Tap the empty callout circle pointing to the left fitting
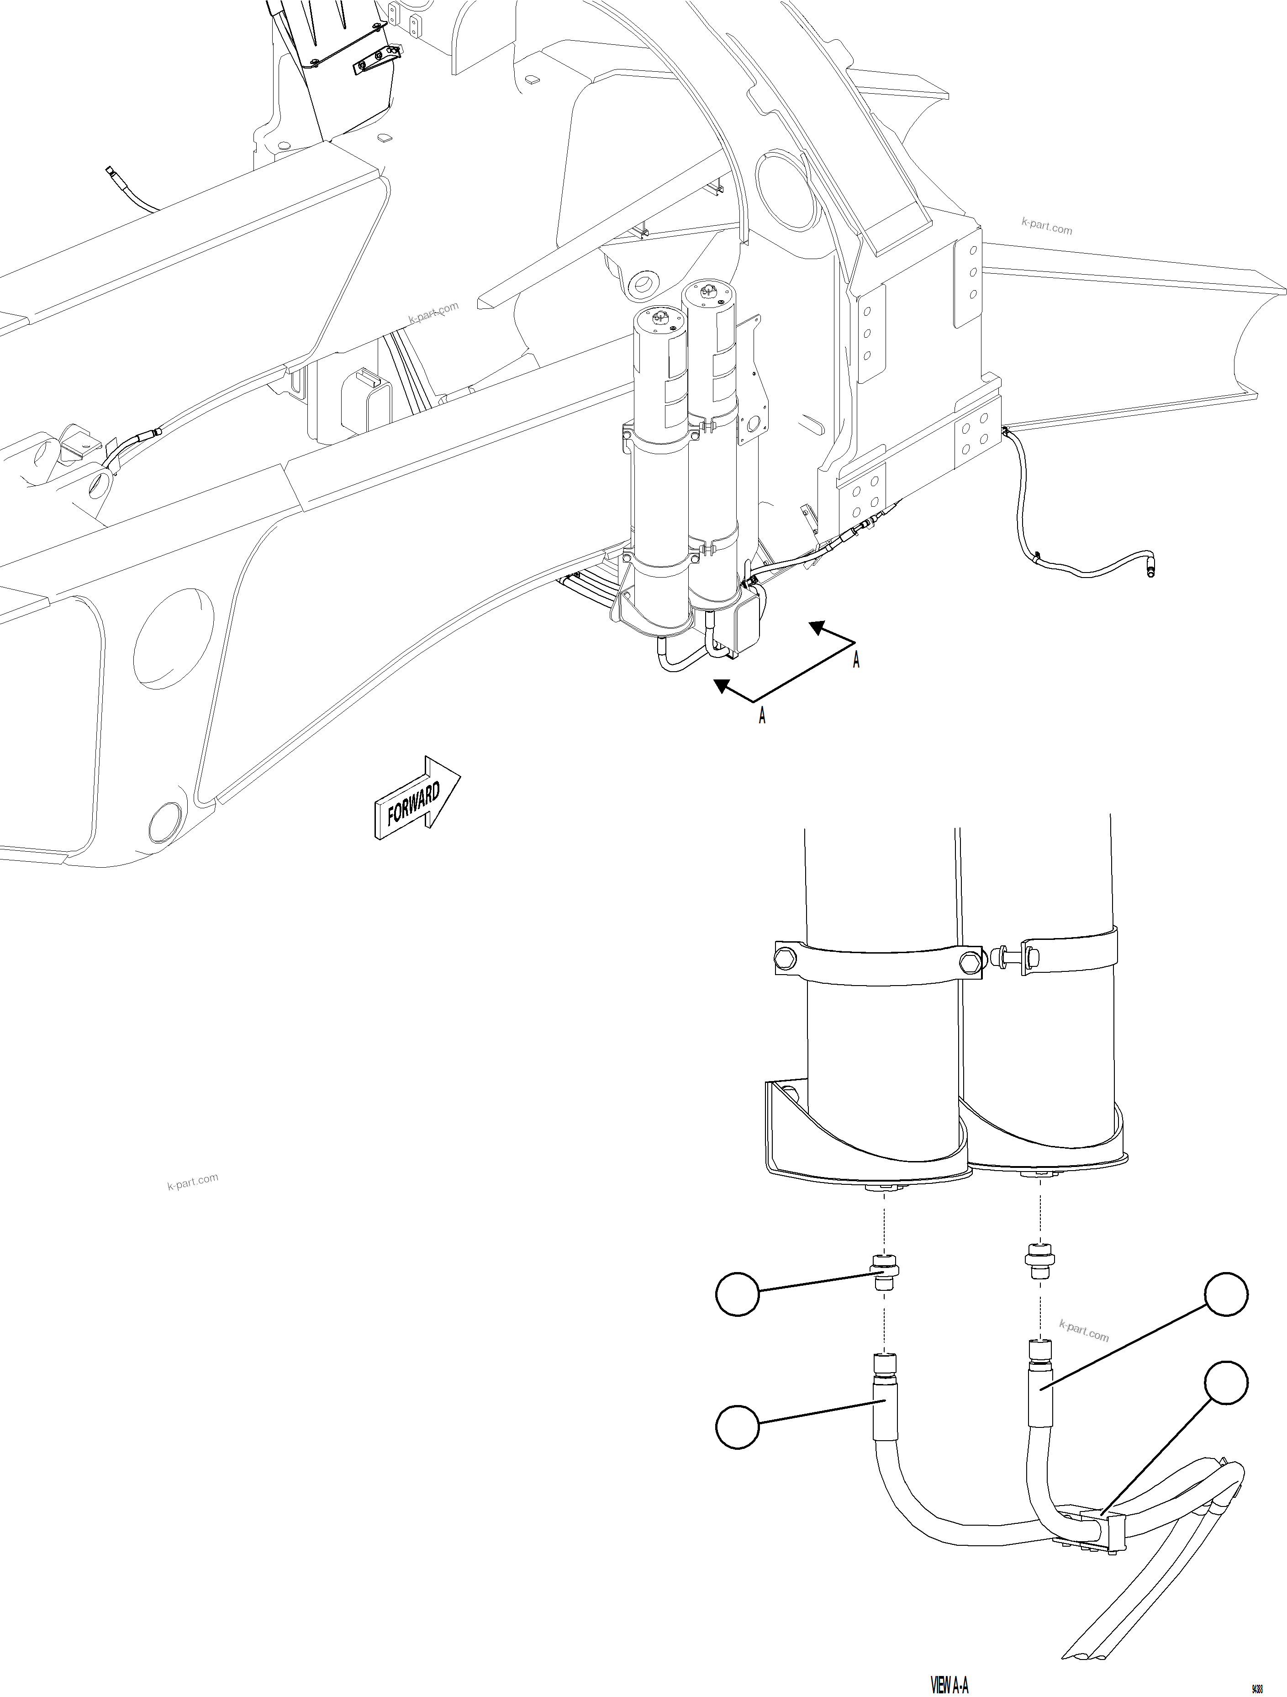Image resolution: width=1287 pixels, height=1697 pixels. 737,1296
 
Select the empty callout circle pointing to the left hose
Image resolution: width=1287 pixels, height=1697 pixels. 737,1426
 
